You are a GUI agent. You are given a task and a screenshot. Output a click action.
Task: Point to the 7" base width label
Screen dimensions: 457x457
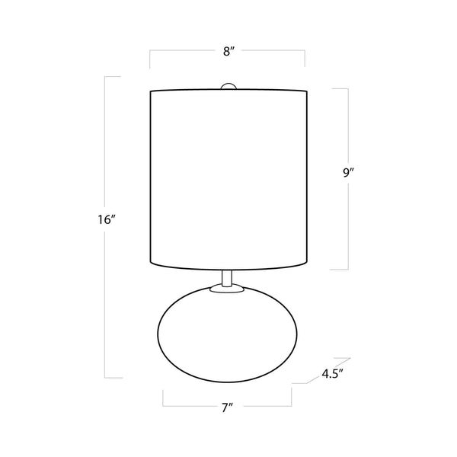227,409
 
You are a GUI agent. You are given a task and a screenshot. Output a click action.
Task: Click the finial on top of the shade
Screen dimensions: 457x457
227,86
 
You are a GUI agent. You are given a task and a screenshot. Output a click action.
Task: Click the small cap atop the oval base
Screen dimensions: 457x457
226,289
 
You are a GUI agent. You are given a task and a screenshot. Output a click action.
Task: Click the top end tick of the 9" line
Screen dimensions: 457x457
340,89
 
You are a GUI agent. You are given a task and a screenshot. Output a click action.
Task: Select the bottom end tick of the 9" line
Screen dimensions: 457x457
340,269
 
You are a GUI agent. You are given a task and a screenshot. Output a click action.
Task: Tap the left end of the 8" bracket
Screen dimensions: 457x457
149,59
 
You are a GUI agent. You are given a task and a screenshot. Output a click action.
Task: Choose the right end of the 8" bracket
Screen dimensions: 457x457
305,59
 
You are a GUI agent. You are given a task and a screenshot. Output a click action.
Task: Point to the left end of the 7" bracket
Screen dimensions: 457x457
163,398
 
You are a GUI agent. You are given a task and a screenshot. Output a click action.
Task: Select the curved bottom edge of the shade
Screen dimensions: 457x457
227,268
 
